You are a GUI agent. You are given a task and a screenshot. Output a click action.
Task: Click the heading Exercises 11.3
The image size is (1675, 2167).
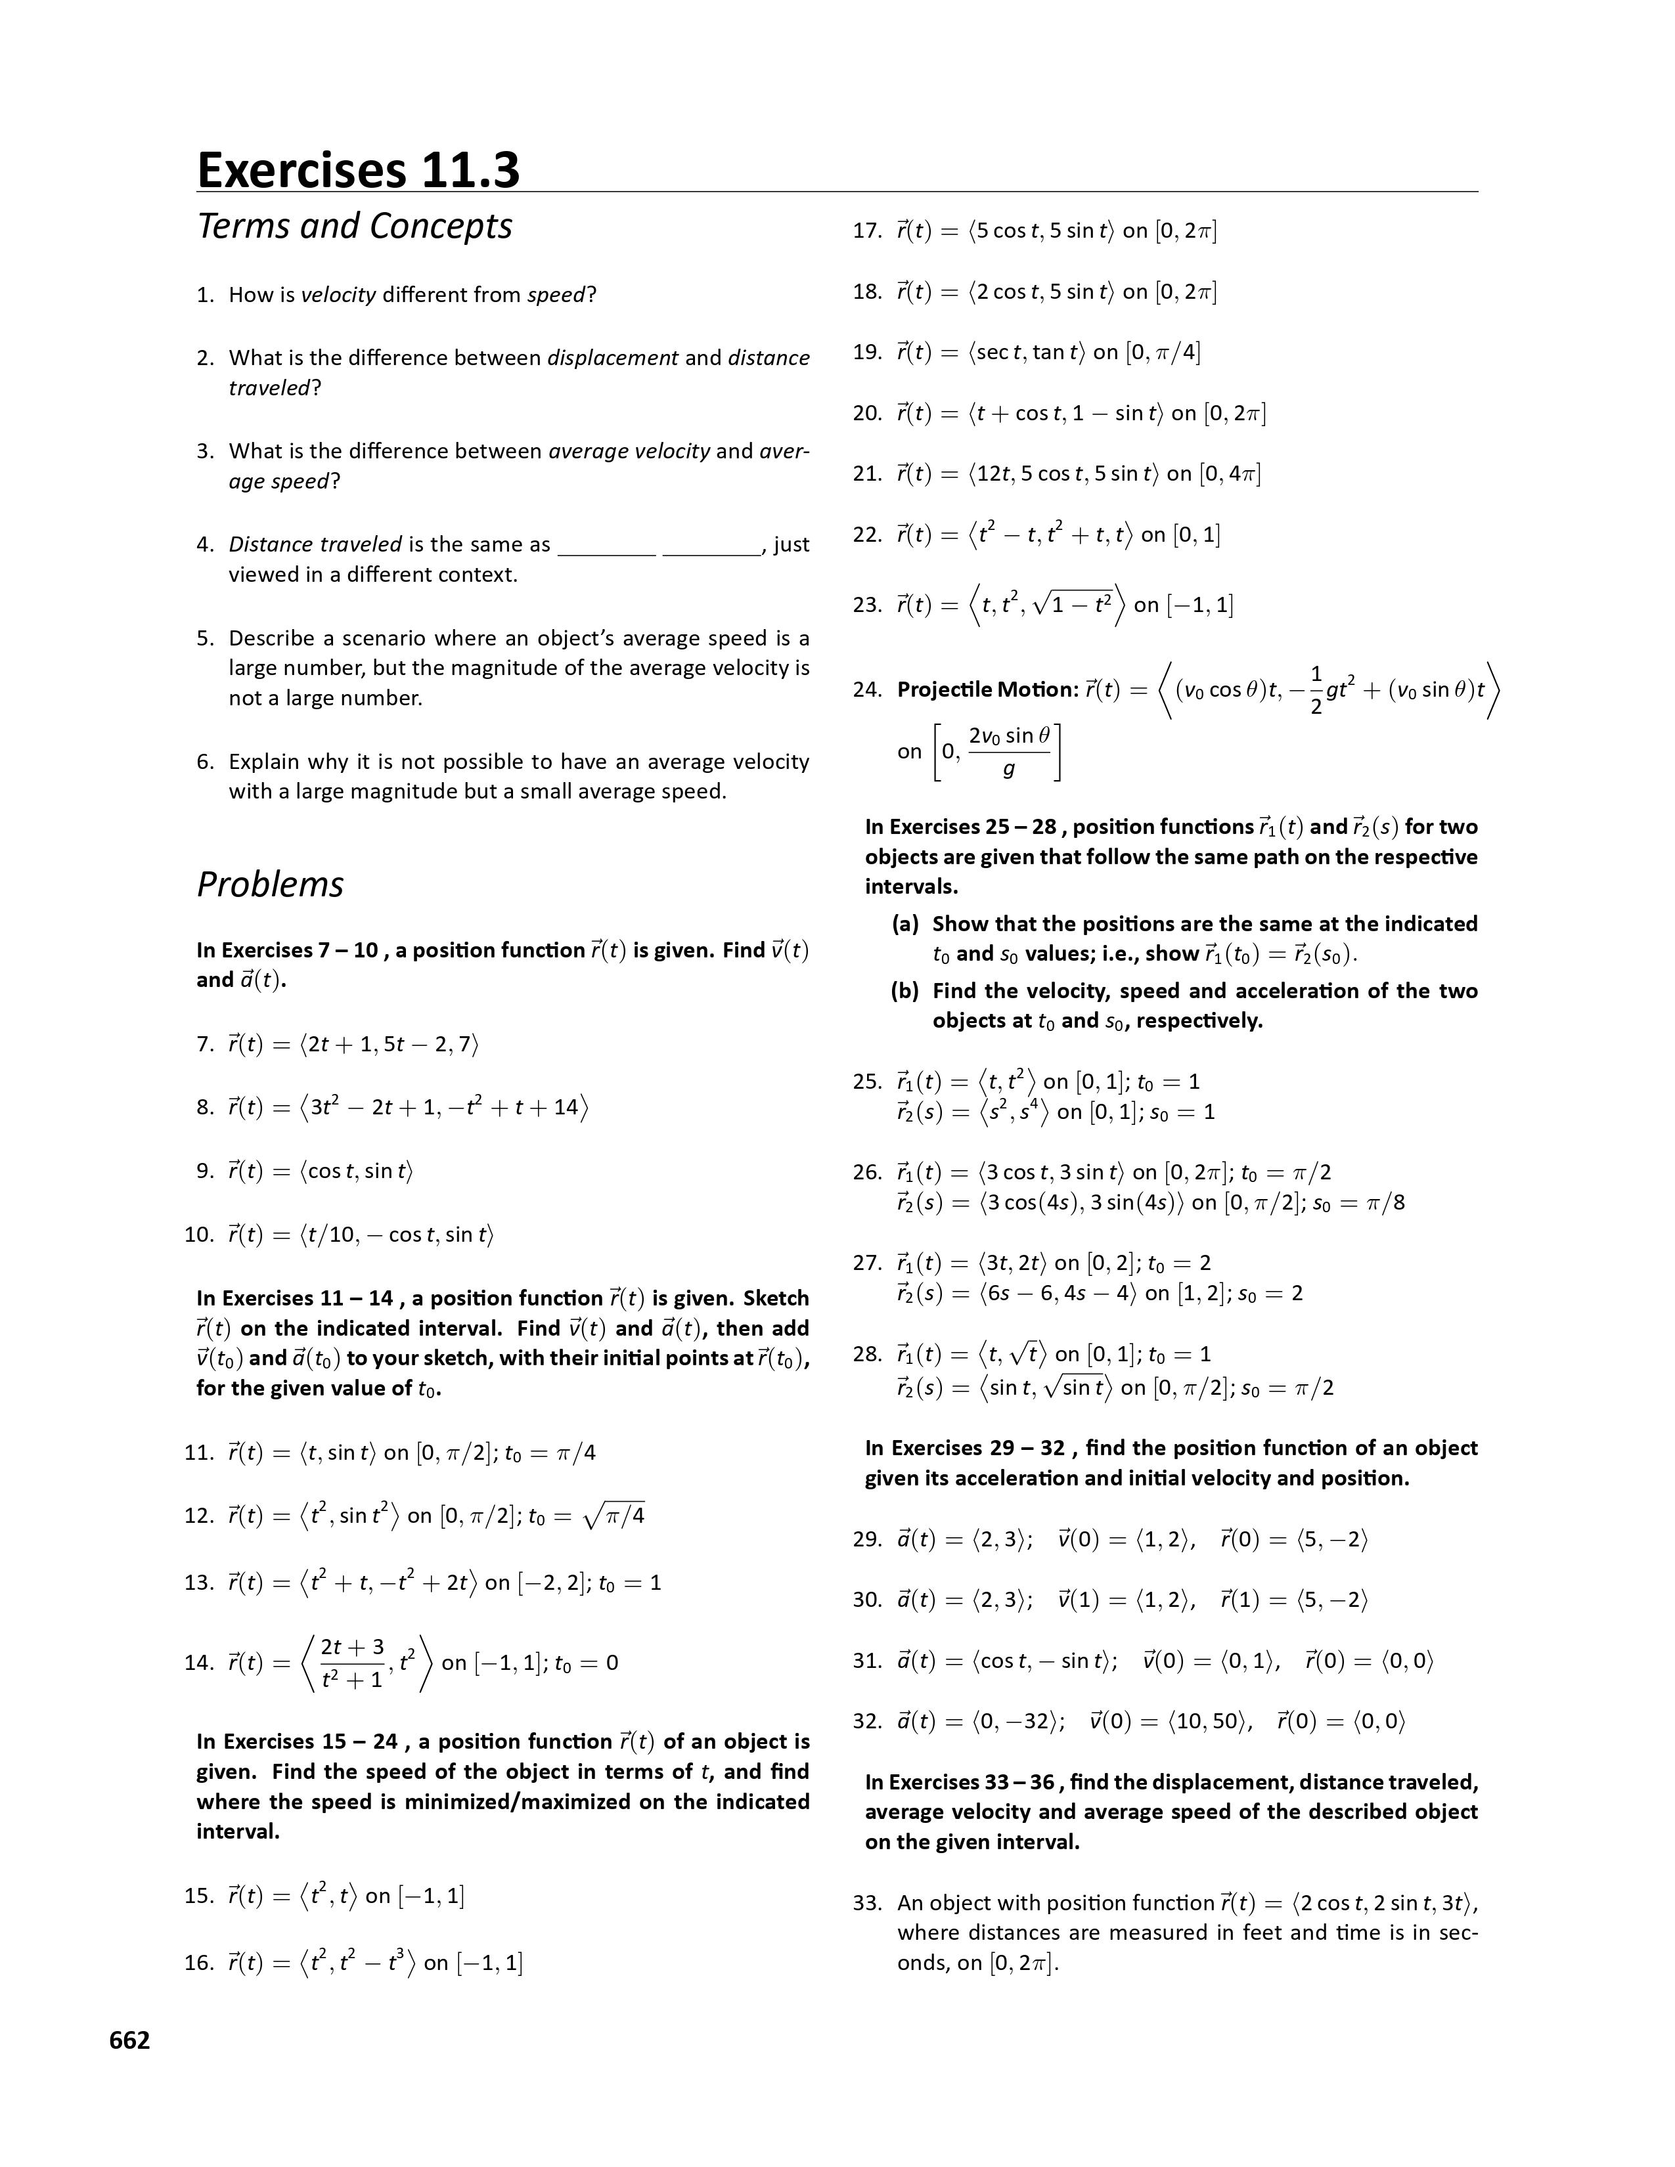tap(358, 169)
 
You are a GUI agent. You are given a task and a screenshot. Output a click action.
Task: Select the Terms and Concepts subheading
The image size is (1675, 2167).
tap(354, 227)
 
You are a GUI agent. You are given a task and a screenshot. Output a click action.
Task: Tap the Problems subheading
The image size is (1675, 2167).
tap(270, 884)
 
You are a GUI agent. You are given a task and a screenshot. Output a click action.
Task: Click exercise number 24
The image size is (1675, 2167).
tap(866, 689)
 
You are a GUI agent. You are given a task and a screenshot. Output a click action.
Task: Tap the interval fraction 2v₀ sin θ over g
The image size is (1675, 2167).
tap(1009, 751)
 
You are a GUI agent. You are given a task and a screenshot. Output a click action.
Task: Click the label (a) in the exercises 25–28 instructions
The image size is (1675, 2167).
tap(905, 924)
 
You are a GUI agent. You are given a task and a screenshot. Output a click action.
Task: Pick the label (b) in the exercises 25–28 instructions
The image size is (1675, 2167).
tap(905, 990)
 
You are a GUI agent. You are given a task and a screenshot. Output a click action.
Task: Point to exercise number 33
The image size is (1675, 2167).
tap(866, 1902)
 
